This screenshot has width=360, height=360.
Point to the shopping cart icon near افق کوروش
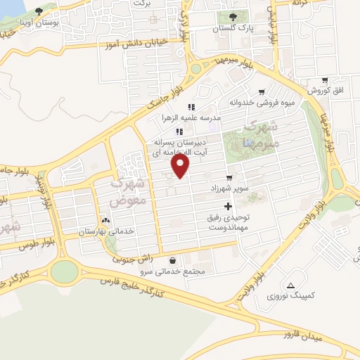tap(324, 81)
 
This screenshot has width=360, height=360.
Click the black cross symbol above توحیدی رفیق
tap(227, 206)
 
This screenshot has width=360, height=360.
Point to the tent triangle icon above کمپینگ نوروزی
tap(290, 285)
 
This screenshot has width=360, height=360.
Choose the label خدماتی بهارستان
tap(105, 231)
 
